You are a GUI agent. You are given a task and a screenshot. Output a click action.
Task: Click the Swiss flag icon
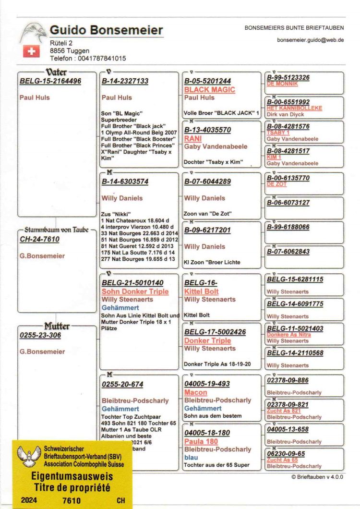(x=31, y=51)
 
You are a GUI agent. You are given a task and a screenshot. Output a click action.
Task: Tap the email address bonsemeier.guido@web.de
(x=310, y=40)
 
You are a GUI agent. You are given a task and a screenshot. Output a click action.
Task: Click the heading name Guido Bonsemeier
(x=106, y=31)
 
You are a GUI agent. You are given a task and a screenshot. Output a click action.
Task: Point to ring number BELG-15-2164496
(x=50, y=81)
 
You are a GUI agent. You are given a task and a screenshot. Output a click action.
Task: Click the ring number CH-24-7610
(x=39, y=239)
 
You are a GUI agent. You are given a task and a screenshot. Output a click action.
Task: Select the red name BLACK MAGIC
(x=209, y=90)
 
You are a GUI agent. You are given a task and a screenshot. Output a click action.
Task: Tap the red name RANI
(x=193, y=138)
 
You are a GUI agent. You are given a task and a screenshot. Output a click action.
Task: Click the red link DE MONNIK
(x=282, y=84)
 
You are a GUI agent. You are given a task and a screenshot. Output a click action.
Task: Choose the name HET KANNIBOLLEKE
(x=294, y=108)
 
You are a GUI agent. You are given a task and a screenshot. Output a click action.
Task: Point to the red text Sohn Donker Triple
(x=135, y=291)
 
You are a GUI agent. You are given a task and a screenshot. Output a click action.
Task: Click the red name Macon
(x=195, y=392)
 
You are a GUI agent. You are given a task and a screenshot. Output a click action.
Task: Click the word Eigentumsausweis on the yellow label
(x=72, y=477)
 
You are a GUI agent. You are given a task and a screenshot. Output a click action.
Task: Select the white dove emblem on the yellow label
(x=27, y=457)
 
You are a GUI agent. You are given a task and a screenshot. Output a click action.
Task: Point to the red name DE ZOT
(x=276, y=184)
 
